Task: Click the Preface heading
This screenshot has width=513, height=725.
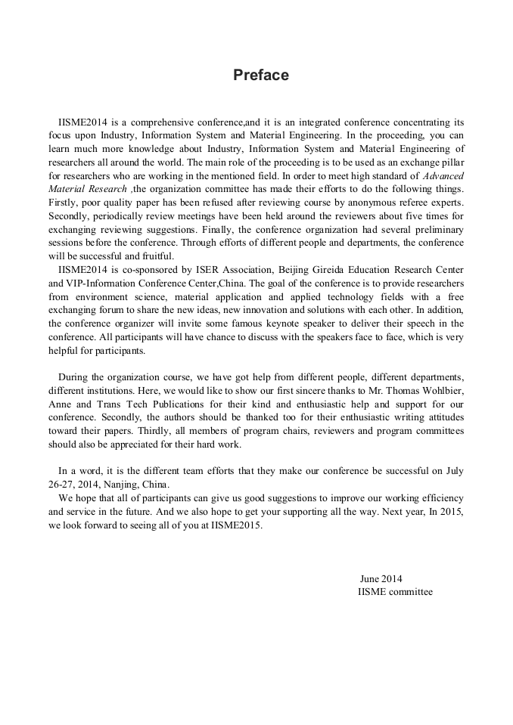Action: (x=260, y=75)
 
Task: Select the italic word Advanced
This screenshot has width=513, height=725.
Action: (x=443, y=176)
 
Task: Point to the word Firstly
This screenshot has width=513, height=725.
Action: (x=65, y=203)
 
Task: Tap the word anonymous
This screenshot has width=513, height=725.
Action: (x=352, y=203)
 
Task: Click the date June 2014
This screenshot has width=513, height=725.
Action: (x=381, y=578)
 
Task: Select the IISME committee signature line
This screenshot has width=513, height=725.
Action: (x=395, y=592)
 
